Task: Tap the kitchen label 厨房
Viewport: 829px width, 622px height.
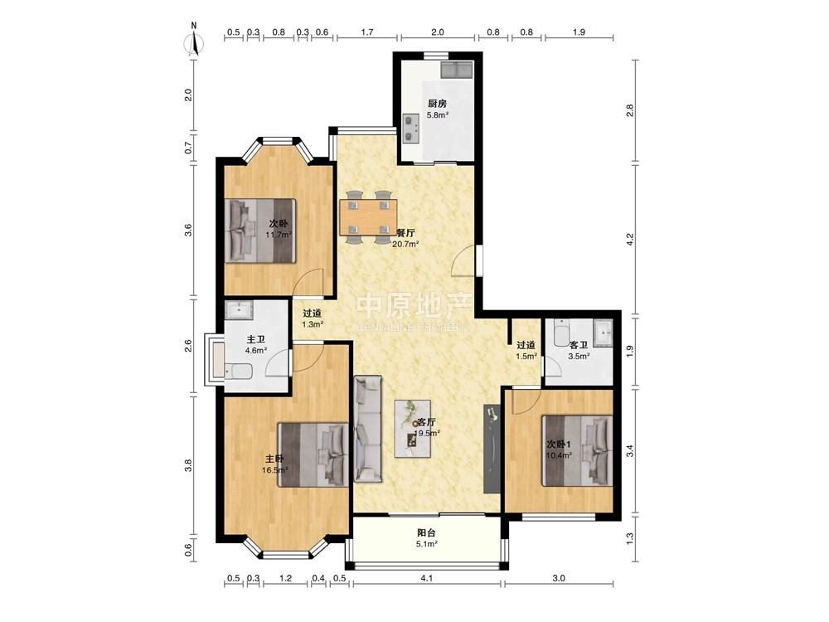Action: click(437, 104)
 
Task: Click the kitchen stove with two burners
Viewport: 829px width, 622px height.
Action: click(410, 129)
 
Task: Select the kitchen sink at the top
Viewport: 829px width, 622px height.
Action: click(456, 69)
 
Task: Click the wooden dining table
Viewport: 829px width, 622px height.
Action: click(368, 216)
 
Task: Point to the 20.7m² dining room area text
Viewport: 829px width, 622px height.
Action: click(405, 244)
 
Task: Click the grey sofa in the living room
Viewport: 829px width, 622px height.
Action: click(368, 429)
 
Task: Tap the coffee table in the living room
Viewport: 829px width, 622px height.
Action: click(414, 429)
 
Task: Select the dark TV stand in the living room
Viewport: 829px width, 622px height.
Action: click(492, 449)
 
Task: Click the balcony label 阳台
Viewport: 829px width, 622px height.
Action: click(427, 532)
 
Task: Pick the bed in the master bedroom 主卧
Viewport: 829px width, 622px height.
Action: click(313, 454)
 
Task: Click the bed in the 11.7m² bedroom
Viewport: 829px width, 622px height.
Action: click(259, 230)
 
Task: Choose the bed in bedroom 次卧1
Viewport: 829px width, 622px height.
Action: click(577, 450)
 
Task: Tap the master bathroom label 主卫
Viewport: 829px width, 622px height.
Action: click(256, 339)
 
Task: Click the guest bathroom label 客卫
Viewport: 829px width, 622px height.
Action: click(579, 345)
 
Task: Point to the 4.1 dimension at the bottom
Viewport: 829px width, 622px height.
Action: click(427, 578)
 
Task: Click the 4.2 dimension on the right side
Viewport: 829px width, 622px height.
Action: click(629, 240)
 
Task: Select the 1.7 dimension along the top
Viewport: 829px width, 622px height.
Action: click(367, 32)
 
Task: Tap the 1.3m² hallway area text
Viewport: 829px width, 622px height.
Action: click(313, 324)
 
